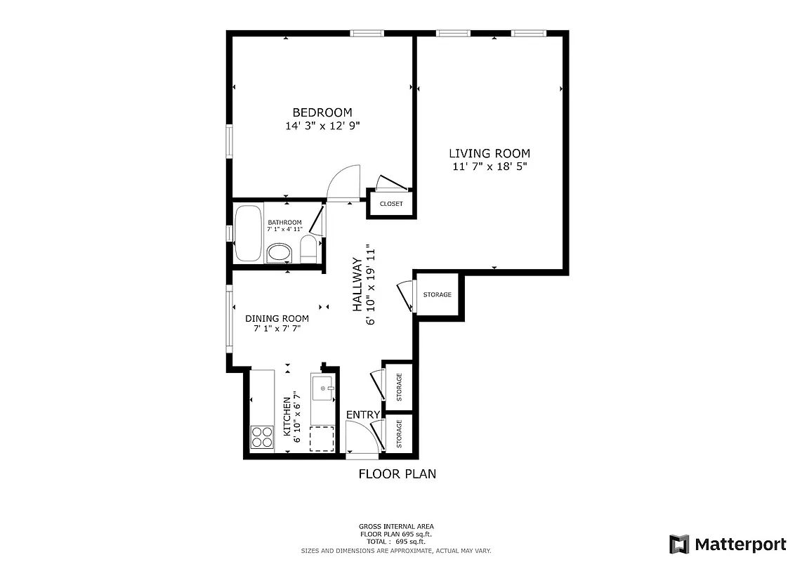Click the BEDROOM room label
click(x=322, y=112)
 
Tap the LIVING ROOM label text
click(x=490, y=154)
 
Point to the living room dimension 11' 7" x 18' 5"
click(x=490, y=167)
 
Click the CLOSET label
click(x=391, y=204)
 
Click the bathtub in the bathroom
click(x=248, y=233)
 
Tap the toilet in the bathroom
click(x=308, y=249)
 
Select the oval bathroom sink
click(x=280, y=253)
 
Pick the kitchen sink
click(x=323, y=388)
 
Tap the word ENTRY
click(x=363, y=414)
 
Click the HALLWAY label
click(x=357, y=285)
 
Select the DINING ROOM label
click(x=277, y=318)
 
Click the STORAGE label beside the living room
click(x=438, y=294)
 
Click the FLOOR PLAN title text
click(x=397, y=474)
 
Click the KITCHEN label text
click(x=287, y=415)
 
